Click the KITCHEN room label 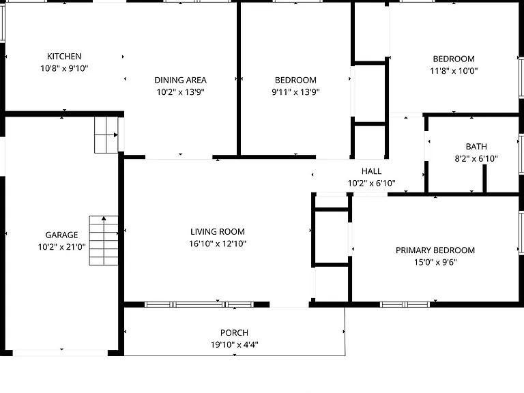[64, 56]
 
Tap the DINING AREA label [180, 81]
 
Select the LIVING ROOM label [218, 231]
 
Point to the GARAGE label [62, 235]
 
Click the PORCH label [234, 333]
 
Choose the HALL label [372, 171]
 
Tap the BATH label [476, 147]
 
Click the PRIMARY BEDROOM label [435, 250]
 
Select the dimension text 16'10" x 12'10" [218, 244]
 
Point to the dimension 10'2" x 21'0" [62, 247]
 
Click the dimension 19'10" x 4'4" [234, 345]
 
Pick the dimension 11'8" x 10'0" [454, 71]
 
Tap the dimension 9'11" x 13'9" [295, 92]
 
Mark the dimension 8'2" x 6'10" [476, 158]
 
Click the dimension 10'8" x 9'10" [64, 68]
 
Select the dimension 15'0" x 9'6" [435, 262]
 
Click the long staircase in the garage [104, 241]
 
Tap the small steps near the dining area [106, 135]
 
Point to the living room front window [199, 304]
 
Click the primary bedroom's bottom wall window [405, 304]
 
